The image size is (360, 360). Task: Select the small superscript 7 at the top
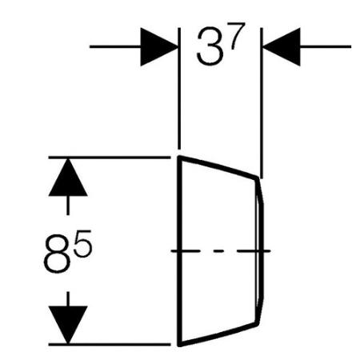[238, 36]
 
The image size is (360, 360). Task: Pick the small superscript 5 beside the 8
[82, 243]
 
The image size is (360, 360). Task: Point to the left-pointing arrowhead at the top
[282, 46]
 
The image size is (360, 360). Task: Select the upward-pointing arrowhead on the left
[68, 178]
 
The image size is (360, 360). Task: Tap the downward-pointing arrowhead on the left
[68, 325]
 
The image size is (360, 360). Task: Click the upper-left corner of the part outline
[179, 157]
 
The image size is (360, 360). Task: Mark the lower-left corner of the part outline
[179, 345]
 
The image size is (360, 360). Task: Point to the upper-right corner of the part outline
[258, 178]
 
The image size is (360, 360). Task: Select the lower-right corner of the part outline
[258, 324]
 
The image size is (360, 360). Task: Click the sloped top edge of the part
[218, 167]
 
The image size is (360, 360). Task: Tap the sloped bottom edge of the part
[218, 334]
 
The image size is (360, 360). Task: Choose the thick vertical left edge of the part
[179, 250]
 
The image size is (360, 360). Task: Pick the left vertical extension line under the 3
[179, 88]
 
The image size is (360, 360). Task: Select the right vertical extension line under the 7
[262, 103]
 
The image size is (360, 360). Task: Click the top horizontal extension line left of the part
[110, 158]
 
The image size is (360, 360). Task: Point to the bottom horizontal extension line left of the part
[110, 344]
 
